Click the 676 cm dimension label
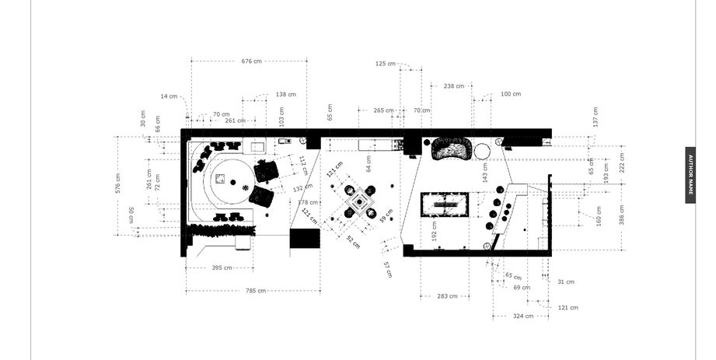[251, 61]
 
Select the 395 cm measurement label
[222, 268]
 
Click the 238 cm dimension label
[454, 86]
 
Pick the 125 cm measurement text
[385, 64]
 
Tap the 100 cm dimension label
[510, 94]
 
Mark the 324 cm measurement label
[524, 316]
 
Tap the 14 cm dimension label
[169, 96]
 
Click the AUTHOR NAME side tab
[690, 175]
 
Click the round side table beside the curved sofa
[482, 150]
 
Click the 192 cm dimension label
[435, 230]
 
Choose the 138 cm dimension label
[285, 94]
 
